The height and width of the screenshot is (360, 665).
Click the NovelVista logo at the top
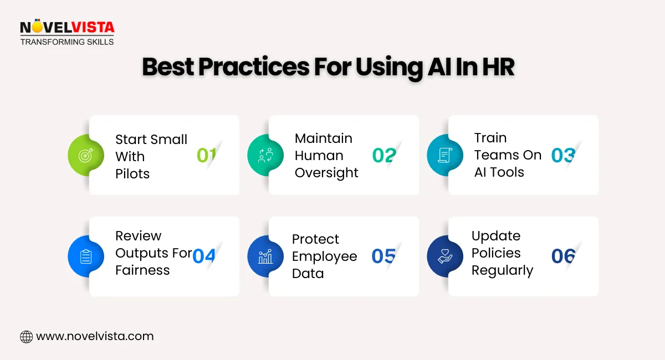tap(66, 28)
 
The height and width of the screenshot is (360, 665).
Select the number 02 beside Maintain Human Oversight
tap(384, 156)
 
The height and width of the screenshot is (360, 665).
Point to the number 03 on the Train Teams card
tap(563, 156)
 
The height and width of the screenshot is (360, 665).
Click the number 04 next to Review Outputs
tap(203, 256)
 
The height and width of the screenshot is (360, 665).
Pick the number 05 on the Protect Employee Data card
tap(383, 256)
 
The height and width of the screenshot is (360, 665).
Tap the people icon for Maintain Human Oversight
tap(265, 156)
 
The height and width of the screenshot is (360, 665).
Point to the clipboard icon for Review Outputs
tap(86, 256)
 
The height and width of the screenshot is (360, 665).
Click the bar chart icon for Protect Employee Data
tap(265, 256)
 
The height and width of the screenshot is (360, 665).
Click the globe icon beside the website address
tap(26, 336)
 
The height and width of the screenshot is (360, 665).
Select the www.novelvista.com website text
tap(95, 336)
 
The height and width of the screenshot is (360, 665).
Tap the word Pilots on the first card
tap(132, 173)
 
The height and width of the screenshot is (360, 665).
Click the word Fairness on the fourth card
tap(142, 270)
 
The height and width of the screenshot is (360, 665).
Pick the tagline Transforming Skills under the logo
tap(66, 42)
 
